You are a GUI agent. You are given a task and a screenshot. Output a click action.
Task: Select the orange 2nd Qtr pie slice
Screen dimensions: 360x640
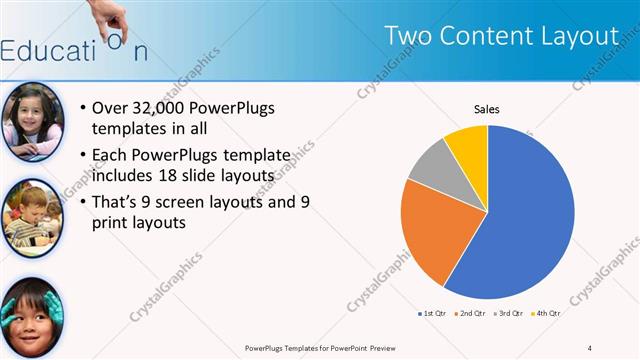[430, 230]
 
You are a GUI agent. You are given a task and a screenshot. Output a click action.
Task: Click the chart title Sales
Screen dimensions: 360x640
[486, 109]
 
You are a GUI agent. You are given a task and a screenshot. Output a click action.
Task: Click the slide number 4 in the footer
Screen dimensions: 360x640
[590, 347]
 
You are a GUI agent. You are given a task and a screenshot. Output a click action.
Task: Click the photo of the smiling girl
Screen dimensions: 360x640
[33, 122]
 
